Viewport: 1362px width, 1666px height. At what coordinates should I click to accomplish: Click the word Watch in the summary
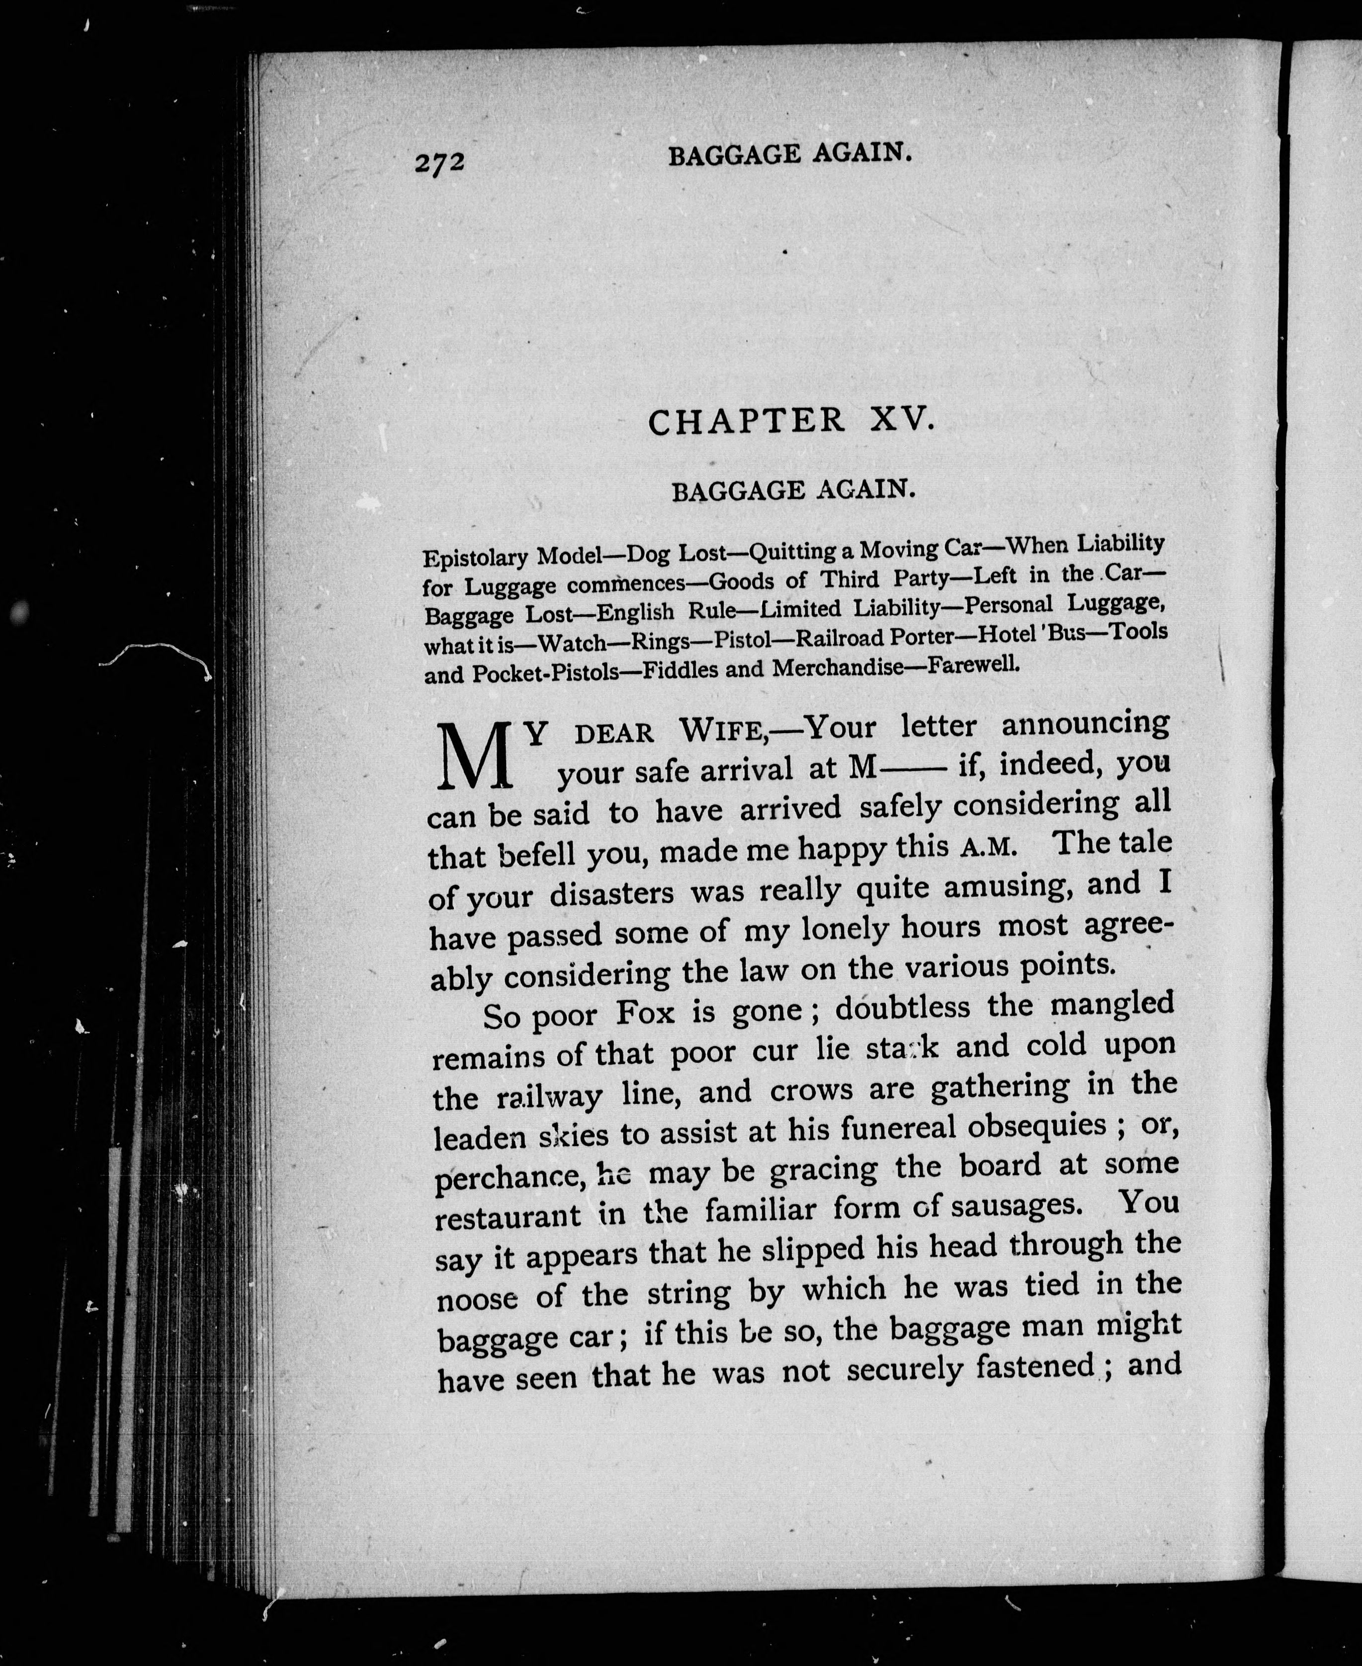(572, 643)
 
